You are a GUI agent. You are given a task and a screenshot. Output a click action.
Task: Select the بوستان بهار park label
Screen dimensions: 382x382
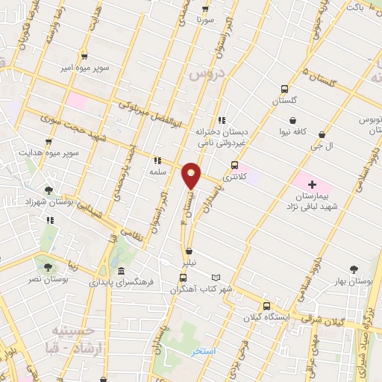point(354,281)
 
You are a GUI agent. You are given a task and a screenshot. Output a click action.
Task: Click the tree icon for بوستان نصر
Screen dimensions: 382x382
point(48,266)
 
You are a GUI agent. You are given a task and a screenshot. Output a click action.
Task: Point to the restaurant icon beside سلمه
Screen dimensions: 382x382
point(157,160)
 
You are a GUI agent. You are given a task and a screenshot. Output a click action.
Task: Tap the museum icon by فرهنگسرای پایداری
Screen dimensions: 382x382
point(122,269)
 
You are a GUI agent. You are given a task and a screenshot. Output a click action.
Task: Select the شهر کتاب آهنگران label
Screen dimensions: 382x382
point(210,288)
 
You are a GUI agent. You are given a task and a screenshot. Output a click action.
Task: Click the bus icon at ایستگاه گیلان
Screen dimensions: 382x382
point(266,306)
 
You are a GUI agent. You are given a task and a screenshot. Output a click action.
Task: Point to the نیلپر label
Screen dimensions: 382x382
point(190,263)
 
